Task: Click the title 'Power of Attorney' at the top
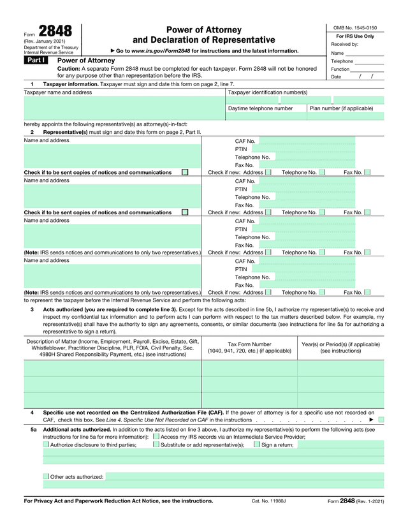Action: point(203,30)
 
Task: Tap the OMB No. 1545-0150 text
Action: point(355,28)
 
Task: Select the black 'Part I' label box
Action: point(35,60)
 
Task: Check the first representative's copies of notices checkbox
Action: point(185,172)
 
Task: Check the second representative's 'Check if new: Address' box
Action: point(268,212)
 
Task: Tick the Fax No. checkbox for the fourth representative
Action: point(367,292)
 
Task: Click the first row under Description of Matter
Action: point(113,369)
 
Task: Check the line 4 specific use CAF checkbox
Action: point(381,420)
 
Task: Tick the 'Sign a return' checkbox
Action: point(256,445)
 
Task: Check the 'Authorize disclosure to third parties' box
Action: point(46,445)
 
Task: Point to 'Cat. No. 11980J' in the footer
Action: point(269,501)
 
